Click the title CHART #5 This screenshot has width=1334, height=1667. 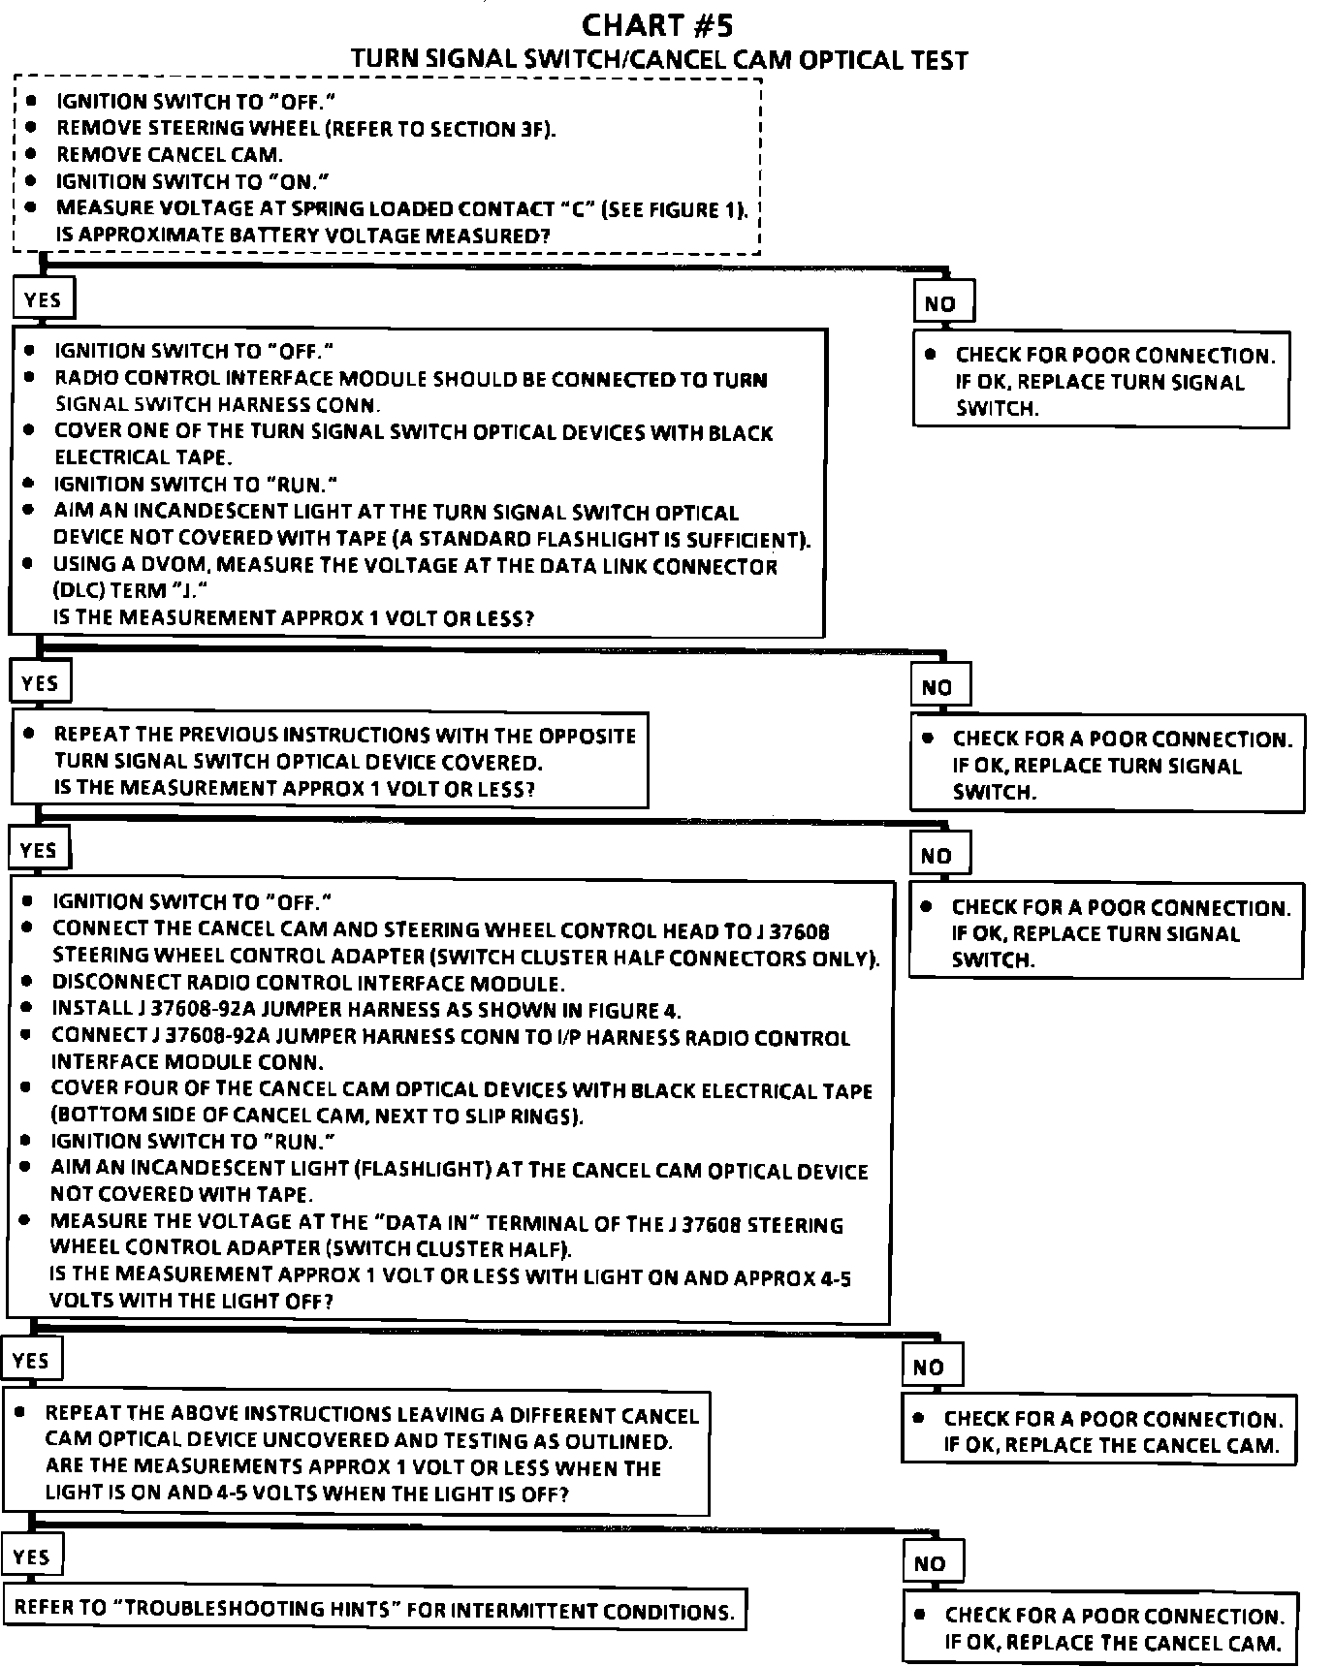[x=664, y=23]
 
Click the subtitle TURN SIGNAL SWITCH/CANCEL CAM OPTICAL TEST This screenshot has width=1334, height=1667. [x=659, y=60]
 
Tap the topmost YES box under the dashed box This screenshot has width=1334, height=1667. [x=43, y=299]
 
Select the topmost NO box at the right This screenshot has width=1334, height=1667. [x=940, y=304]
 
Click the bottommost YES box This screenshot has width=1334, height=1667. [x=32, y=1557]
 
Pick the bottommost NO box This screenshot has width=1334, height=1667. [x=930, y=1563]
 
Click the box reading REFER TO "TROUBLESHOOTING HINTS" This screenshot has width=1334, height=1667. [x=374, y=1610]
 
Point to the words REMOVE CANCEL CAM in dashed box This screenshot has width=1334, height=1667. [x=170, y=155]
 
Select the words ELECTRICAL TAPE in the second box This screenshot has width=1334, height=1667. [x=143, y=457]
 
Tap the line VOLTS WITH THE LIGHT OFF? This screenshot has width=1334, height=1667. [x=191, y=1302]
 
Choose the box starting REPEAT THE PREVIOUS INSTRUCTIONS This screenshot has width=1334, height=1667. [x=330, y=762]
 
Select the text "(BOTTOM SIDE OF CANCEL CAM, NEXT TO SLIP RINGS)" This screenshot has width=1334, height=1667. [x=317, y=1117]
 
